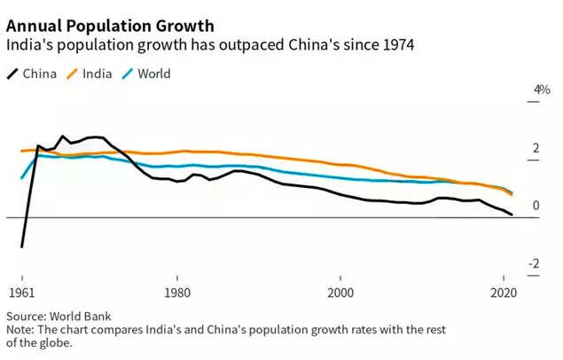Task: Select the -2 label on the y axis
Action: pyautogui.click(x=534, y=263)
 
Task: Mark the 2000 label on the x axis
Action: pyautogui.click(x=340, y=293)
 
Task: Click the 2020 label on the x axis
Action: pyautogui.click(x=504, y=293)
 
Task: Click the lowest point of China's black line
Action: pyautogui.click(x=21, y=247)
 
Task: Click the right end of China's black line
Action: pyautogui.click(x=512, y=215)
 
